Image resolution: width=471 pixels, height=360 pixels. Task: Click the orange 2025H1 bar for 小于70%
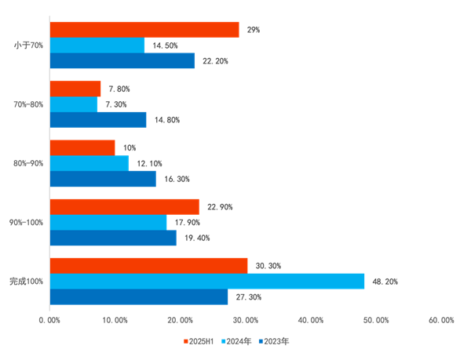pyautogui.click(x=144, y=30)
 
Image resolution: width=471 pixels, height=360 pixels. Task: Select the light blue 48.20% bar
pyautogui.click(x=206, y=282)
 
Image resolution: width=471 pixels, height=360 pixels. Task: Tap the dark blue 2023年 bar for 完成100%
pyautogui.click(x=138, y=297)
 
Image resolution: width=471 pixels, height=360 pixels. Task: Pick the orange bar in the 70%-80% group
pyautogui.click(x=75, y=89)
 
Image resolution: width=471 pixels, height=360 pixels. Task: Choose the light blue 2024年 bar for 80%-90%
pyautogui.click(x=89, y=163)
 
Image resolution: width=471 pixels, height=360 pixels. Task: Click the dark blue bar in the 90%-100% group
pyautogui.click(x=112, y=238)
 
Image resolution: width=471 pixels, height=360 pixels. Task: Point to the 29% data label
pyautogui.click(x=253, y=30)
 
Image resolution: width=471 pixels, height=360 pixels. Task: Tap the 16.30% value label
pyautogui.click(x=177, y=179)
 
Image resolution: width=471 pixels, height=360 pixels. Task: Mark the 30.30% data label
pyautogui.click(x=268, y=267)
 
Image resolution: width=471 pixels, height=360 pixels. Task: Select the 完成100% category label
pyautogui.click(x=26, y=281)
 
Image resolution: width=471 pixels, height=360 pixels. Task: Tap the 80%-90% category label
pyautogui.click(x=27, y=163)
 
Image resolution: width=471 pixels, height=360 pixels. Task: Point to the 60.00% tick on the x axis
pyautogui.click(x=441, y=320)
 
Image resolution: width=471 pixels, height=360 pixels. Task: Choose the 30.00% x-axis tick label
pyautogui.click(x=245, y=320)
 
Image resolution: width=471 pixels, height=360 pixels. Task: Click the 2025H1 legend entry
pyautogui.click(x=203, y=341)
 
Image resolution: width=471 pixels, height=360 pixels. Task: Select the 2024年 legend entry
pyautogui.click(x=239, y=341)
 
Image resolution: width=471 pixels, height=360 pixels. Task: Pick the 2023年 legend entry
pyautogui.click(x=275, y=341)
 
